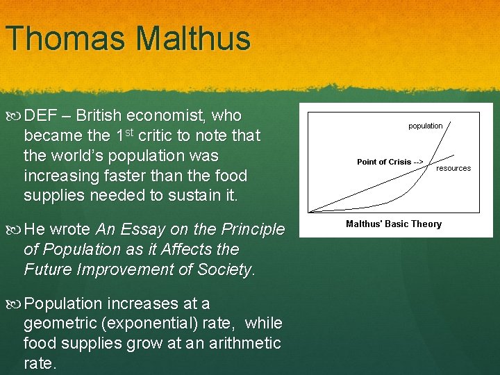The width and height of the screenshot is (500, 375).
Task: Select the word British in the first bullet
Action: pyautogui.click(x=102, y=115)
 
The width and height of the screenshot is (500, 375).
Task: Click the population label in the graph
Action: pyautogui.click(x=425, y=126)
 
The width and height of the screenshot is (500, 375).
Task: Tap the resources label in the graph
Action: pyautogui.click(x=453, y=168)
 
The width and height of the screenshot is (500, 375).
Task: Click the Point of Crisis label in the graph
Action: pyautogui.click(x=384, y=162)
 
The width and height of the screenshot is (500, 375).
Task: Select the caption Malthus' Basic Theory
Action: pyautogui.click(x=394, y=224)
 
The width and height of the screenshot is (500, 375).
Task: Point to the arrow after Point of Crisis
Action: pyautogui.click(x=418, y=162)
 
